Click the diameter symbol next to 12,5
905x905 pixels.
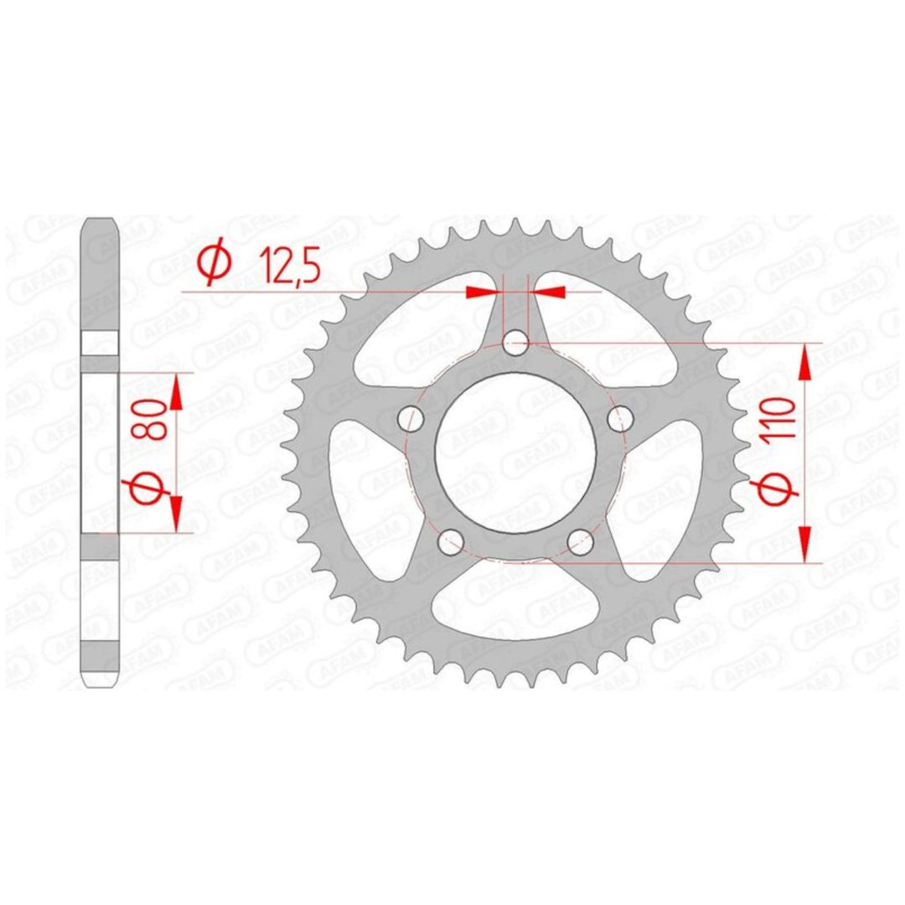coord(215,263)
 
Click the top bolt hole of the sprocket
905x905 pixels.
coord(515,344)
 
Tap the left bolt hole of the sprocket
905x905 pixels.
coord(411,418)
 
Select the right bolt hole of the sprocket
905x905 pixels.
coord(620,418)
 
